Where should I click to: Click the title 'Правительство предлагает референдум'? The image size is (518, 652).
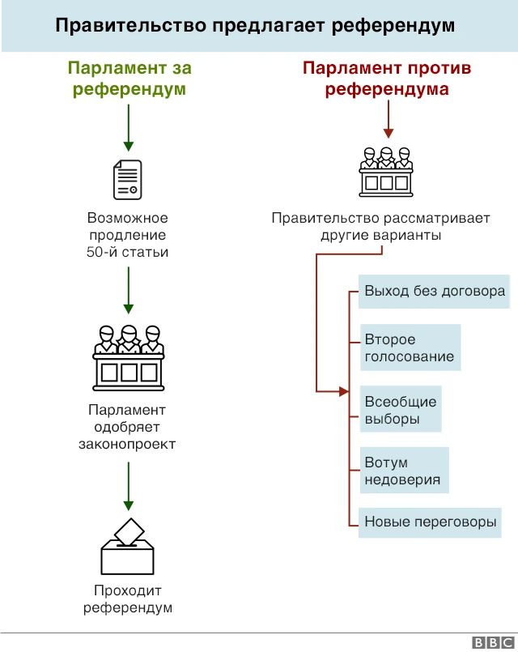[255, 26]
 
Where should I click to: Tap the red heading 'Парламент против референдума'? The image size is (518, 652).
[387, 79]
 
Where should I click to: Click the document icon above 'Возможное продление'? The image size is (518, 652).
[127, 179]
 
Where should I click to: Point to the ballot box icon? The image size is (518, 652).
[127, 548]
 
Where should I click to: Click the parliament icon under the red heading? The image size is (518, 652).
[387, 172]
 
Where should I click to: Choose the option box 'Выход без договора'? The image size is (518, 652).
[434, 292]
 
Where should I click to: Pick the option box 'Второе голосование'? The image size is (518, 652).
[409, 348]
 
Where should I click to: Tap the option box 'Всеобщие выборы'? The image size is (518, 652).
[400, 411]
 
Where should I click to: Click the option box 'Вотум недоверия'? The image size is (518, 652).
[402, 471]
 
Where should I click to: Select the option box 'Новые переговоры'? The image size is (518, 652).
[430, 522]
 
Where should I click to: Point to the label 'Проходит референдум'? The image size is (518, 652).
[127, 599]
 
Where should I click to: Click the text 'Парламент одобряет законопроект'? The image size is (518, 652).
[127, 428]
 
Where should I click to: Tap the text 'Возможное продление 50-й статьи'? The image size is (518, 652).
[127, 235]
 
